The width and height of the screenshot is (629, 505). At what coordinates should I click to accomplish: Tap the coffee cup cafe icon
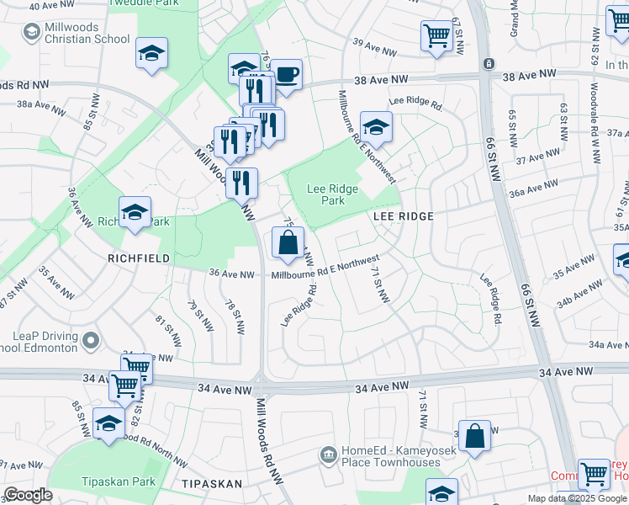coord(286,74)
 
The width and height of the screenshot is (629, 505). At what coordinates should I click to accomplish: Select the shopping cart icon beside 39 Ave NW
coord(436,36)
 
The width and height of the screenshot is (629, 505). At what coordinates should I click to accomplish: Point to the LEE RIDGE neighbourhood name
coord(403,216)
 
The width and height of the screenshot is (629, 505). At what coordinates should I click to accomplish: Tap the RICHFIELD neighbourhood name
coord(133,258)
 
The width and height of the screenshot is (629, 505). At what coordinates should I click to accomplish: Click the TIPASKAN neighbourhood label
coord(211,484)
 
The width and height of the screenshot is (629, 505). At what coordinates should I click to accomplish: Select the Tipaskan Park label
coord(115,481)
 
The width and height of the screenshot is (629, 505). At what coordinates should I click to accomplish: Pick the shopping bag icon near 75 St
coord(288,243)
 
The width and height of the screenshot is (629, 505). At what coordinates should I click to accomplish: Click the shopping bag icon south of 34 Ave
coord(474,436)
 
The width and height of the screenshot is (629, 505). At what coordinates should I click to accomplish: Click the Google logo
coord(28,494)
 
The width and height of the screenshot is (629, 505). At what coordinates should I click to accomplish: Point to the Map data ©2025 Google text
coord(578,498)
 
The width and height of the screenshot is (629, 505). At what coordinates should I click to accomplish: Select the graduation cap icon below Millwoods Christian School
coord(152,54)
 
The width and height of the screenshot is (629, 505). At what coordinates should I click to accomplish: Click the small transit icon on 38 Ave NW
coord(488,64)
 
